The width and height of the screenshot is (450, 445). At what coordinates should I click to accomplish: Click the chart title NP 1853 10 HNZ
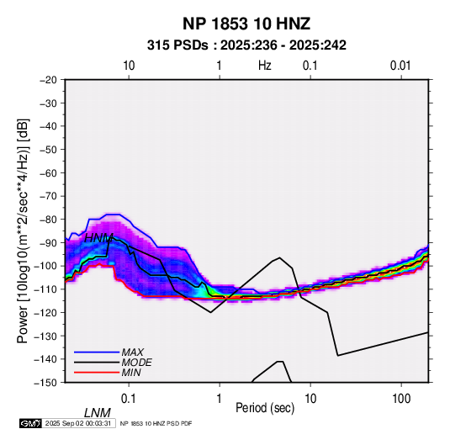click(x=246, y=24)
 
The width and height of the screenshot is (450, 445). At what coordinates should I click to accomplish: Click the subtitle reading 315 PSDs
click(x=177, y=45)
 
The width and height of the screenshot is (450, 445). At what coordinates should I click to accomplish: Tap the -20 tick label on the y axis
click(x=48, y=80)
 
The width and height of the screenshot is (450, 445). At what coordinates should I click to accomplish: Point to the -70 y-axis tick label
click(x=48, y=196)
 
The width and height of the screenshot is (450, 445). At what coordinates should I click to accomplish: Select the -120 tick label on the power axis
click(x=45, y=313)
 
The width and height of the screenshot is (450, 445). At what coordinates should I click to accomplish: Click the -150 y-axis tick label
click(x=45, y=383)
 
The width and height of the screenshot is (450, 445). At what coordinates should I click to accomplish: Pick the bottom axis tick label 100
click(x=400, y=399)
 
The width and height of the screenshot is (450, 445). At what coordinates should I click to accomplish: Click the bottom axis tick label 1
click(x=220, y=399)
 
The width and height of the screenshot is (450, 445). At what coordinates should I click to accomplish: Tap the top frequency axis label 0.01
click(x=400, y=66)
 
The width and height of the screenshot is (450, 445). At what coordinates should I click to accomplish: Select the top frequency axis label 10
click(x=129, y=66)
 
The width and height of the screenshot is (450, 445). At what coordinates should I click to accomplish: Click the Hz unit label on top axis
click(x=265, y=66)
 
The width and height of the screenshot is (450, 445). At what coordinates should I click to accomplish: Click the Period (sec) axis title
click(x=265, y=408)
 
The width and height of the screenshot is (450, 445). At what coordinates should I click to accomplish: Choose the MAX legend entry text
click(x=133, y=352)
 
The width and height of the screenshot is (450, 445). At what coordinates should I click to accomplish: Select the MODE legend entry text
click(x=136, y=363)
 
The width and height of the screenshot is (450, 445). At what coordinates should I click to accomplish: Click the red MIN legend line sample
click(x=97, y=373)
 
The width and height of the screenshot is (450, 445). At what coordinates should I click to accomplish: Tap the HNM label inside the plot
click(x=98, y=238)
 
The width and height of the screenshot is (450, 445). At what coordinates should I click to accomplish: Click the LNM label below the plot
click(x=98, y=413)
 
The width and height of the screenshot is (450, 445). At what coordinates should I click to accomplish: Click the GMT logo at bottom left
click(x=30, y=423)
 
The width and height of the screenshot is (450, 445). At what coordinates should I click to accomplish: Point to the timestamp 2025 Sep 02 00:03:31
click(x=78, y=423)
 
